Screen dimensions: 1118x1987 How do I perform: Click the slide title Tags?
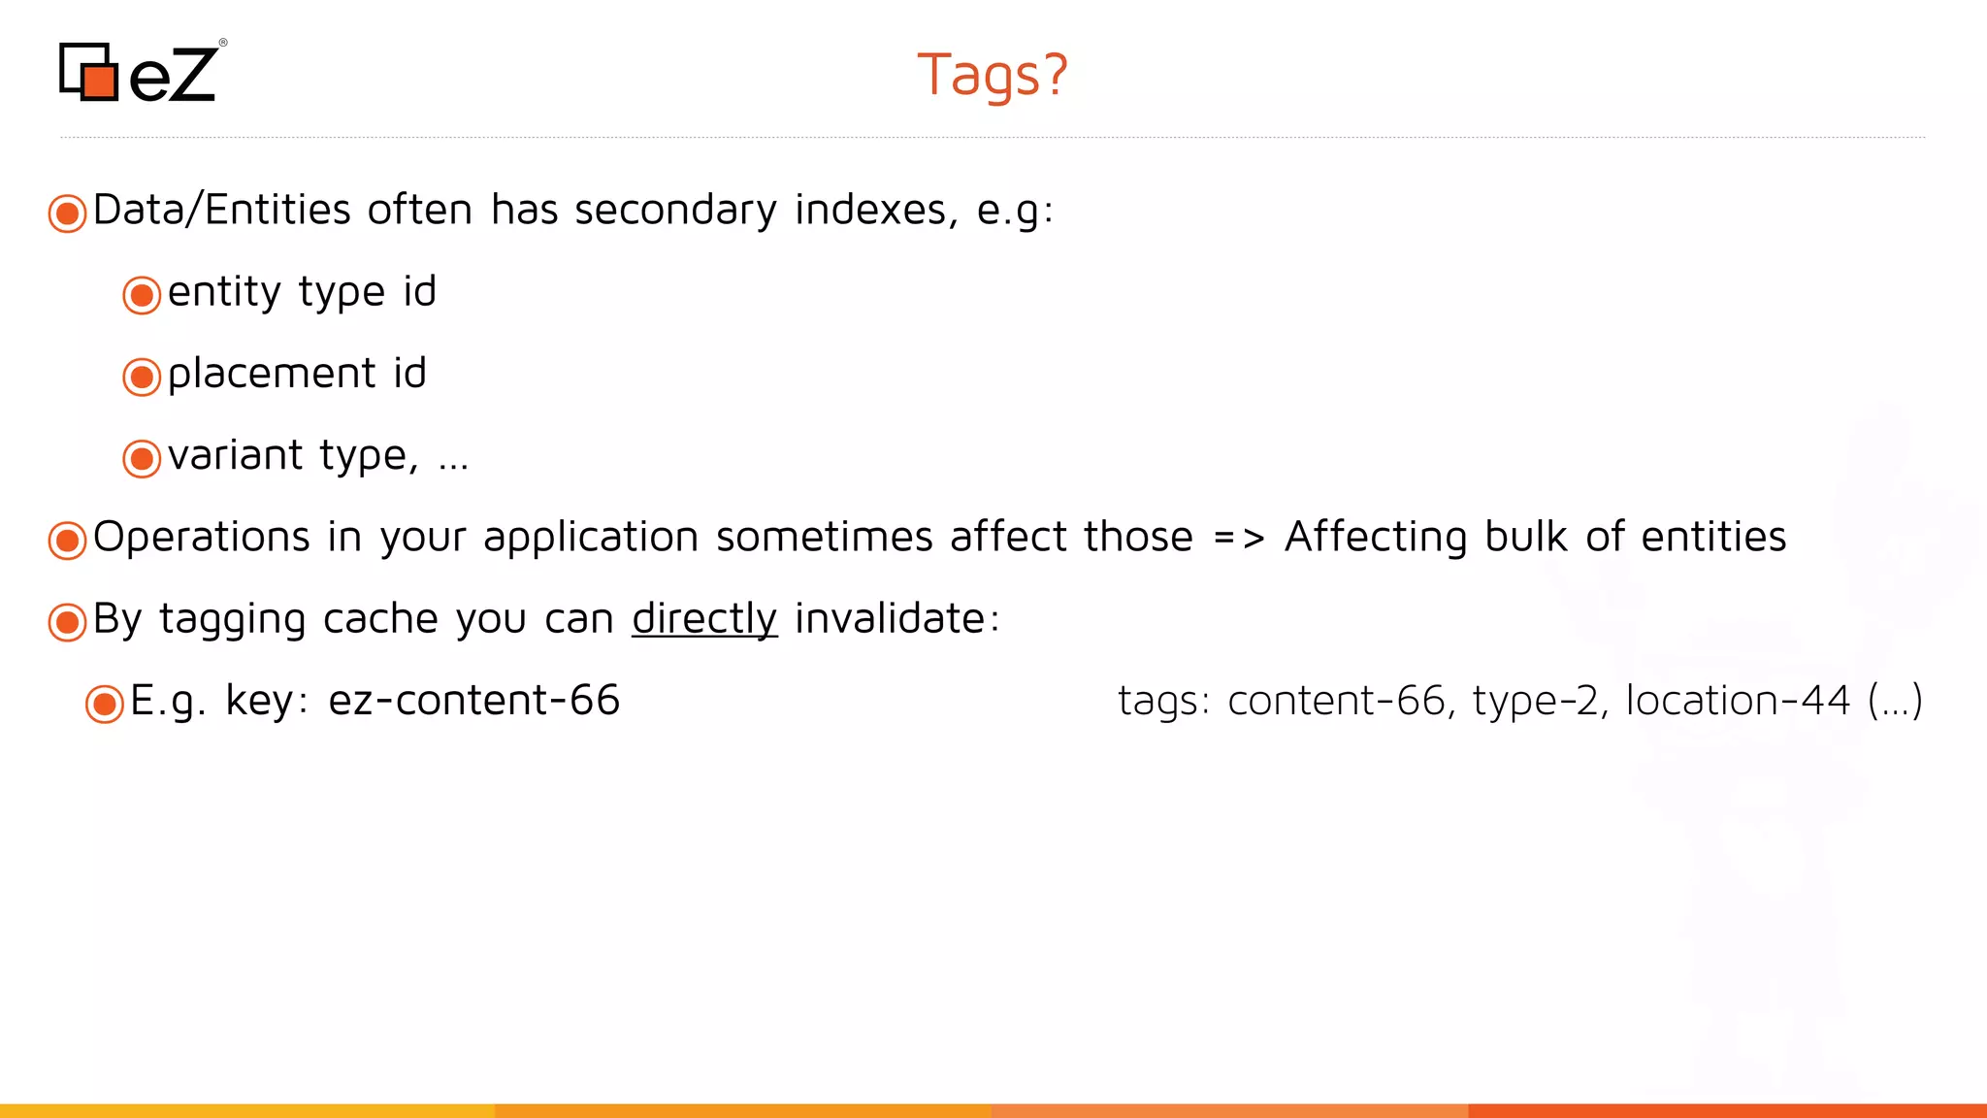992,75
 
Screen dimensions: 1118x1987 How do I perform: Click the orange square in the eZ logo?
100,81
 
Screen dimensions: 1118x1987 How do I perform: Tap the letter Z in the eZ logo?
188,75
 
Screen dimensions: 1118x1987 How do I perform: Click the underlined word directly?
704,619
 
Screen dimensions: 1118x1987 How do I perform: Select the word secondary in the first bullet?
675,211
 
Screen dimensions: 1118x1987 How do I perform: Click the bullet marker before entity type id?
142,295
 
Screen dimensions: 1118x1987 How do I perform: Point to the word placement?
271,374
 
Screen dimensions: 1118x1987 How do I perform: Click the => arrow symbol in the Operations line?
1238,538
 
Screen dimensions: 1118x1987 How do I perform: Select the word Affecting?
1376,538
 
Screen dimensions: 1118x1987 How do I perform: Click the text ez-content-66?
473,701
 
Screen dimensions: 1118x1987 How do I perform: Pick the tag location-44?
1738,701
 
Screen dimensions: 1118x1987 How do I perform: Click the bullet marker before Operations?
67,541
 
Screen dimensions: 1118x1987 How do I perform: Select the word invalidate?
890,619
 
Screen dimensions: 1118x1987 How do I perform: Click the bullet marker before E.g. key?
105,705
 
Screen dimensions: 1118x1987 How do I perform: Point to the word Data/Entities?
221,211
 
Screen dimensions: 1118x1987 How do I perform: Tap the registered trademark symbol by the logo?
223,43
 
